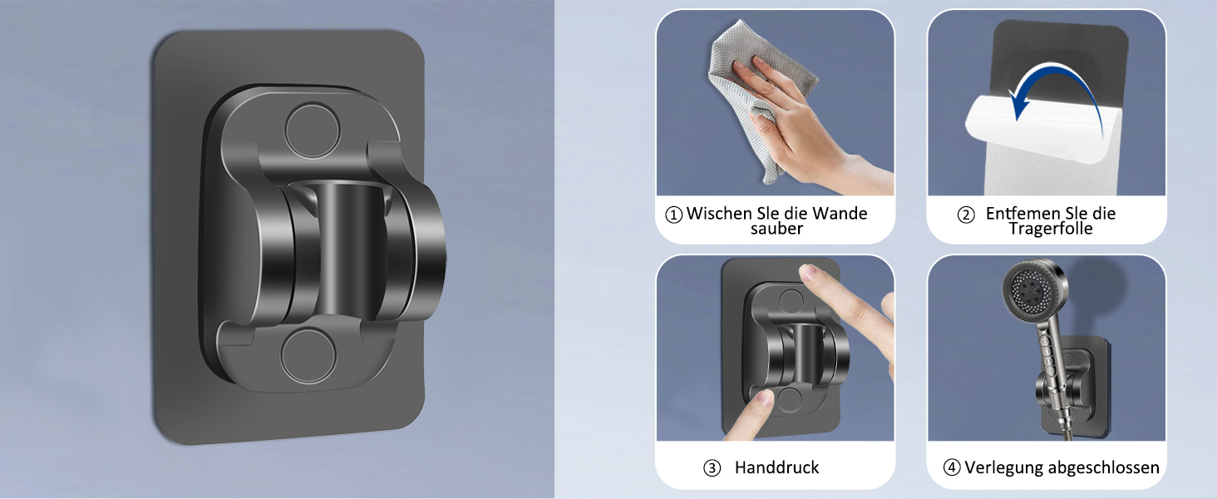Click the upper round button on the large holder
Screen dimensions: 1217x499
coord(313,131)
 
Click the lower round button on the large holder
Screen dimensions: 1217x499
coord(308,356)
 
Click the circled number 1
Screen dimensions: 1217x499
coord(673,215)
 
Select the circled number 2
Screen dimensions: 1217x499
coord(965,215)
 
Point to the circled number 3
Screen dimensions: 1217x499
coord(712,468)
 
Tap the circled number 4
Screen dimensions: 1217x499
coord(951,467)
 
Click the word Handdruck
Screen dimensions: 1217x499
coord(776,467)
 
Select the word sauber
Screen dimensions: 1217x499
coord(776,229)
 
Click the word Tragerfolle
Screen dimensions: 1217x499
coord(1051,229)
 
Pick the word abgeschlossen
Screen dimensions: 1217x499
coord(1103,468)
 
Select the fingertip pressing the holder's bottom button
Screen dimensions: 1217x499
coord(765,398)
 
